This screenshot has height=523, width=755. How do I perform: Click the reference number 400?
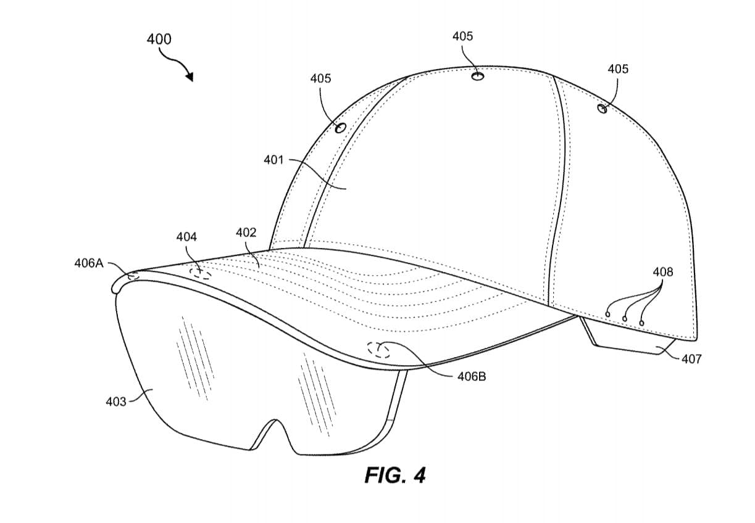(x=159, y=39)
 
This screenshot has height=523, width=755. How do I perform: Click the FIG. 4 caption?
(x=395, y=475)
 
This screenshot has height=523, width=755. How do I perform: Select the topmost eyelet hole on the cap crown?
(x=477, y=76)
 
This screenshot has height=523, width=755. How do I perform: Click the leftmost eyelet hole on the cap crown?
(x=340, y=128)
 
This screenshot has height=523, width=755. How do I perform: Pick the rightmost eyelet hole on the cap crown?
(x=602, y=109)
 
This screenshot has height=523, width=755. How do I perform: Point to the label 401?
(x=273, y=160)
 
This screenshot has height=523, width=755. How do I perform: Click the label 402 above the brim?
(x=246, y=233)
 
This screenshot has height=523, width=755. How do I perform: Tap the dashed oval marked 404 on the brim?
(x=200, y=273)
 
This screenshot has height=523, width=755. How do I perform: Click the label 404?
(x=186, y=237)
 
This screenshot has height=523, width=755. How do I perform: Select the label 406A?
(x=89, y=263)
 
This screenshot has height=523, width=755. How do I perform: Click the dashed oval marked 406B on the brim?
(x=379, y=350)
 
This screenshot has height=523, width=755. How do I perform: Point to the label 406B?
(x=471, y=376)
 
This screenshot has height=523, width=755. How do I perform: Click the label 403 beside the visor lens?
(x=116, y=402)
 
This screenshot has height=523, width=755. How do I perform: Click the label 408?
(x=663, y=272)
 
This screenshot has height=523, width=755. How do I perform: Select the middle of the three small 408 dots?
(x=625, y=318)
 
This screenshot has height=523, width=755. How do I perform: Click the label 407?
(x=691, y=359)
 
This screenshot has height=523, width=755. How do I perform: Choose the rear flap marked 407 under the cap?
(x=630, y=341)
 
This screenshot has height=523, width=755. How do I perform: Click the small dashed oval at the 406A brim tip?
(x=133, y=277)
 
